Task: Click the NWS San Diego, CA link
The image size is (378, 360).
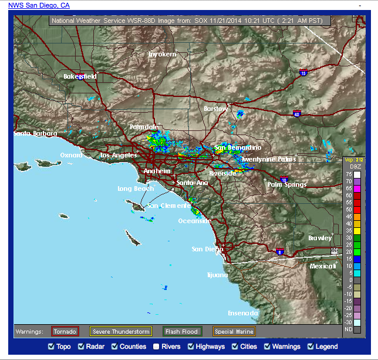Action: (39, 5)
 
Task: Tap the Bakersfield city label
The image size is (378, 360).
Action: (80, 76)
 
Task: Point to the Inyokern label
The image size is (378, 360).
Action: (162, 54)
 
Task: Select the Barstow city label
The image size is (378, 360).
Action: (215, 109)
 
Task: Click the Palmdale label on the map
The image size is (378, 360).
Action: (144, 127)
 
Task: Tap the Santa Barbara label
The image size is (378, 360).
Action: (36, 133)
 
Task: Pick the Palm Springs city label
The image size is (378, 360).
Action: (287, 184)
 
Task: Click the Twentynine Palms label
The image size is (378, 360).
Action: (268, 159)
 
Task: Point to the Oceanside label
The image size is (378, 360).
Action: (195, 221)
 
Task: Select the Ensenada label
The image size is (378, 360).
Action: (242, 313)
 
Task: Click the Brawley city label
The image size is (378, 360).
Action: (320, 238)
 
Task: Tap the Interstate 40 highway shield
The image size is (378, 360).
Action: (297, 114)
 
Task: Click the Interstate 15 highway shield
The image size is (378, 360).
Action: (303, 73)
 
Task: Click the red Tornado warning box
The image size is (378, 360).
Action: (65, 331)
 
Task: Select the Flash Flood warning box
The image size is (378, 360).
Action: (182, 331)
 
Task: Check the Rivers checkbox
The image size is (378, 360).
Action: (156, 346)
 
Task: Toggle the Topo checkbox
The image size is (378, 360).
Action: (50, 346)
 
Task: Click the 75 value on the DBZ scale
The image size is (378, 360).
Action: (349, 174)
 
